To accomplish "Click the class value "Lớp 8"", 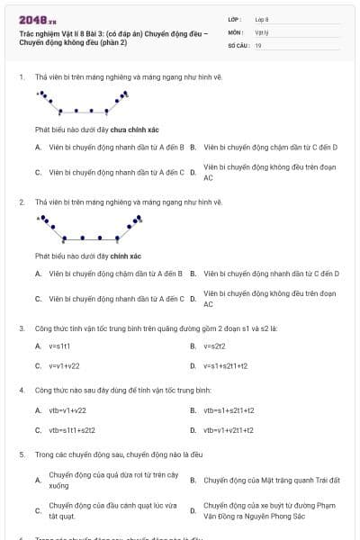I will click(262, 19).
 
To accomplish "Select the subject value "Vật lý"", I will click(261, 31).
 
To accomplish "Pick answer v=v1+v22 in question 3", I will click(64, 366).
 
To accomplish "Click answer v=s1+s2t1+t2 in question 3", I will click(225, 366).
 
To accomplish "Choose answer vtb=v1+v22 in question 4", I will click(67, 409).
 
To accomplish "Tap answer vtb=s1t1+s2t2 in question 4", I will click(72, 430).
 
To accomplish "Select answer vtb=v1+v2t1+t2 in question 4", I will click(229, 430).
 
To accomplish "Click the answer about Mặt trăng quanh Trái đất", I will click(271, 480).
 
